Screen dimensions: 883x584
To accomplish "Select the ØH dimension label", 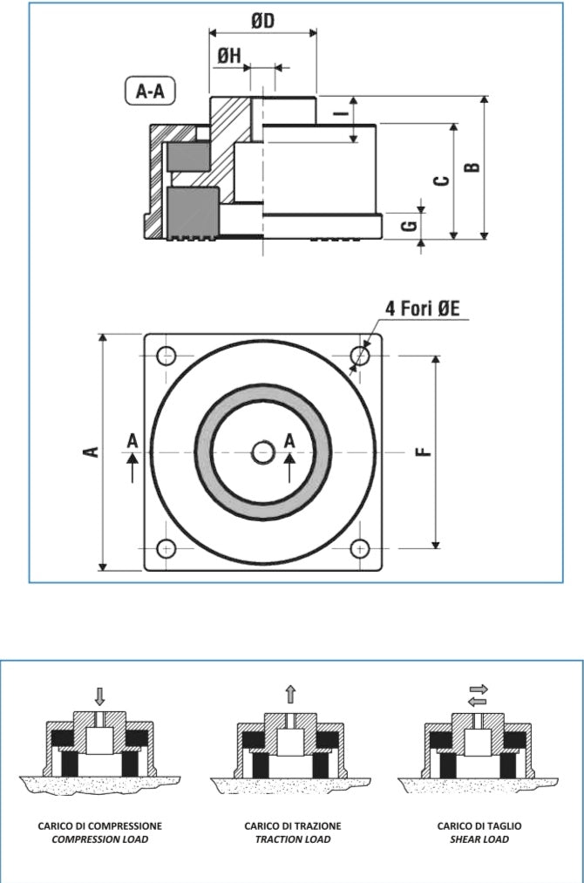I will [x=229, y=56].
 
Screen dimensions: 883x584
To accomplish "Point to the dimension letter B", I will [x=472, y=166].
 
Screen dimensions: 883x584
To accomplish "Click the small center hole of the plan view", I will [x=262, y=452].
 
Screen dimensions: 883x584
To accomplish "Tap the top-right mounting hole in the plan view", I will [x=360, y=356].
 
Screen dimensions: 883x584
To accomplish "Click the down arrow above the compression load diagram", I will [x=99, y=696].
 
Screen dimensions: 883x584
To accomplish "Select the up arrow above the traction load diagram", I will [x=290, y=694].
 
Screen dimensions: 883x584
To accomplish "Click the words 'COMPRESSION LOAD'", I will [x=99, y=839].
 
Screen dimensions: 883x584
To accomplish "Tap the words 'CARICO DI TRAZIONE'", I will [x=292, y=825].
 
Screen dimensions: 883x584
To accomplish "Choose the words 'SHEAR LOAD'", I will [x=479, y=839].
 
